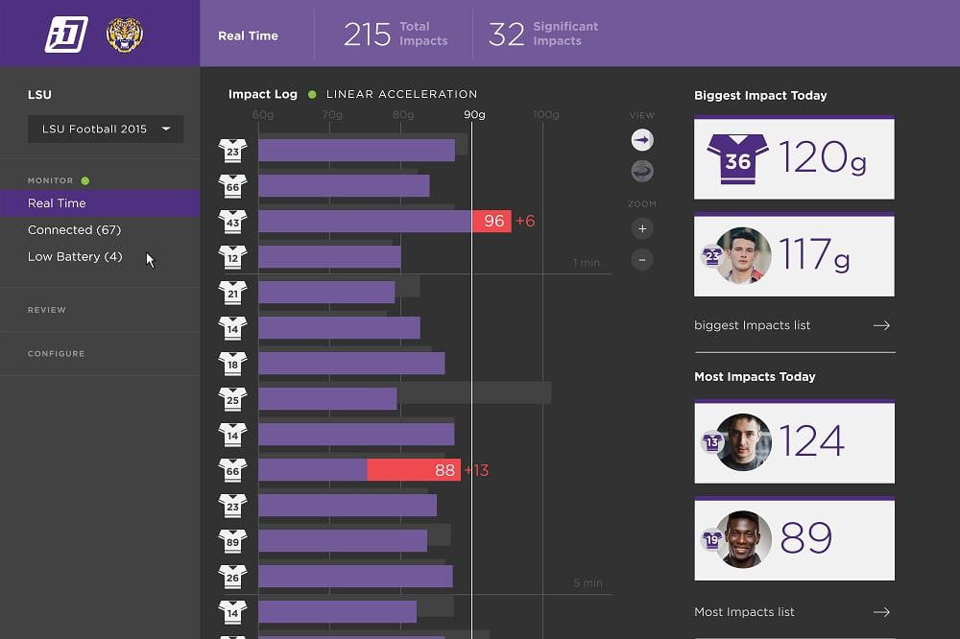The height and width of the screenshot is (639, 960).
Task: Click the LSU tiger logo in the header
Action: coord(125,35)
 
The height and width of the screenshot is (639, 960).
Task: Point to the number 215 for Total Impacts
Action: coord(366,35)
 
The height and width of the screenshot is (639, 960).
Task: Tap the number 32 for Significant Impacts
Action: coord(506,35)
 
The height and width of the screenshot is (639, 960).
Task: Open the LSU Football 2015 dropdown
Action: coord(106,129)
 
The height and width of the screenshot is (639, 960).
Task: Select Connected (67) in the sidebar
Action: coord(74,230)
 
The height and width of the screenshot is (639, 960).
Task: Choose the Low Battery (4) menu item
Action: coord(75,257)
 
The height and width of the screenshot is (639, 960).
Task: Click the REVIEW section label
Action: coord(47,310)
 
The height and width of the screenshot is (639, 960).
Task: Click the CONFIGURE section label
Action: coord(56,354)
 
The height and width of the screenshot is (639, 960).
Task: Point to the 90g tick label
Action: coord(474,114)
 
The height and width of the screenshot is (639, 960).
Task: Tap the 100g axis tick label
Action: coord(545,114)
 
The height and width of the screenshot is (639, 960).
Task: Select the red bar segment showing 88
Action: coord(414,470)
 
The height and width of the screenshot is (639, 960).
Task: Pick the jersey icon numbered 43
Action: coord(232,221)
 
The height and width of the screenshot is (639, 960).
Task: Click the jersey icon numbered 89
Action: coord(232,541)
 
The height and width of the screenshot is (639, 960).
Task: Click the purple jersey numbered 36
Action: coord(737,158)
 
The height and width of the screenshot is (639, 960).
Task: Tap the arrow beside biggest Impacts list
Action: coord(881,325)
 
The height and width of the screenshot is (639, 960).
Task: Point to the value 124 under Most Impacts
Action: coord(811,441)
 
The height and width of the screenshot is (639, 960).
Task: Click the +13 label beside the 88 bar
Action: coord(476,470)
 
